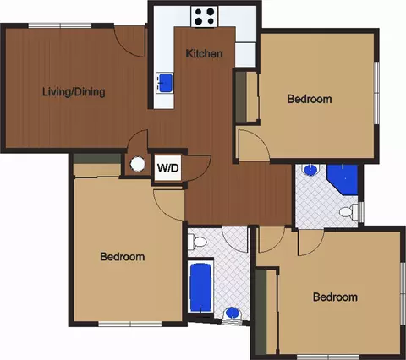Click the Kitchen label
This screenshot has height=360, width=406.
pyautogui.click(x=204, y=53)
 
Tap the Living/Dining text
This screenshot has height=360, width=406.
pyautogui.click(x=74, y=92)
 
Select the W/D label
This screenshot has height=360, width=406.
pyautogui.click(x=167, y=168)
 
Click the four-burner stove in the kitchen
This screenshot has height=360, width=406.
pyautogui.click(x=205, y=17)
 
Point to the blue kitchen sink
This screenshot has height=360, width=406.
pyautogui.click(x=165, y=83)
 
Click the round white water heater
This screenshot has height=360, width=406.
pyautogui.click(x=138, y=164)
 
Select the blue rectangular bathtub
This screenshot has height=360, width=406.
pyautogui.click(x=200, y=287)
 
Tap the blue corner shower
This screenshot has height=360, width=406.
pyautogui.click(x=343, y=179)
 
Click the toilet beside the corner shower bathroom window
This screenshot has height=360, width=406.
pyautogui.click(x=348, y=211)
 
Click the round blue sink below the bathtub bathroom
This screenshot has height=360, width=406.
pyautogui.click(x=233, y=313)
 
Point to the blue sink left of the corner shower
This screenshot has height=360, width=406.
pyautogui.click(x=310, y=170)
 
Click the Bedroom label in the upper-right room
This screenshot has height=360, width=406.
pyautogui.click(x=310, y=99)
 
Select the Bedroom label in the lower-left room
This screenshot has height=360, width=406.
pyautogui.click(x=123, y=257)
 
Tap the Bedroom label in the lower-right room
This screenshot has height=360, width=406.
pyautogui.click(x=335, y=297)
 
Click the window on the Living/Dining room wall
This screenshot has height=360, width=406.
pyautogui.click(x=60, y=25)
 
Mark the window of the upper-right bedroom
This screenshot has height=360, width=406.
pyautogui.click(x=376, y=93)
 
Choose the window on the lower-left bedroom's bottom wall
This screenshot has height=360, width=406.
pyautogui.click(x=130, y=324)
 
